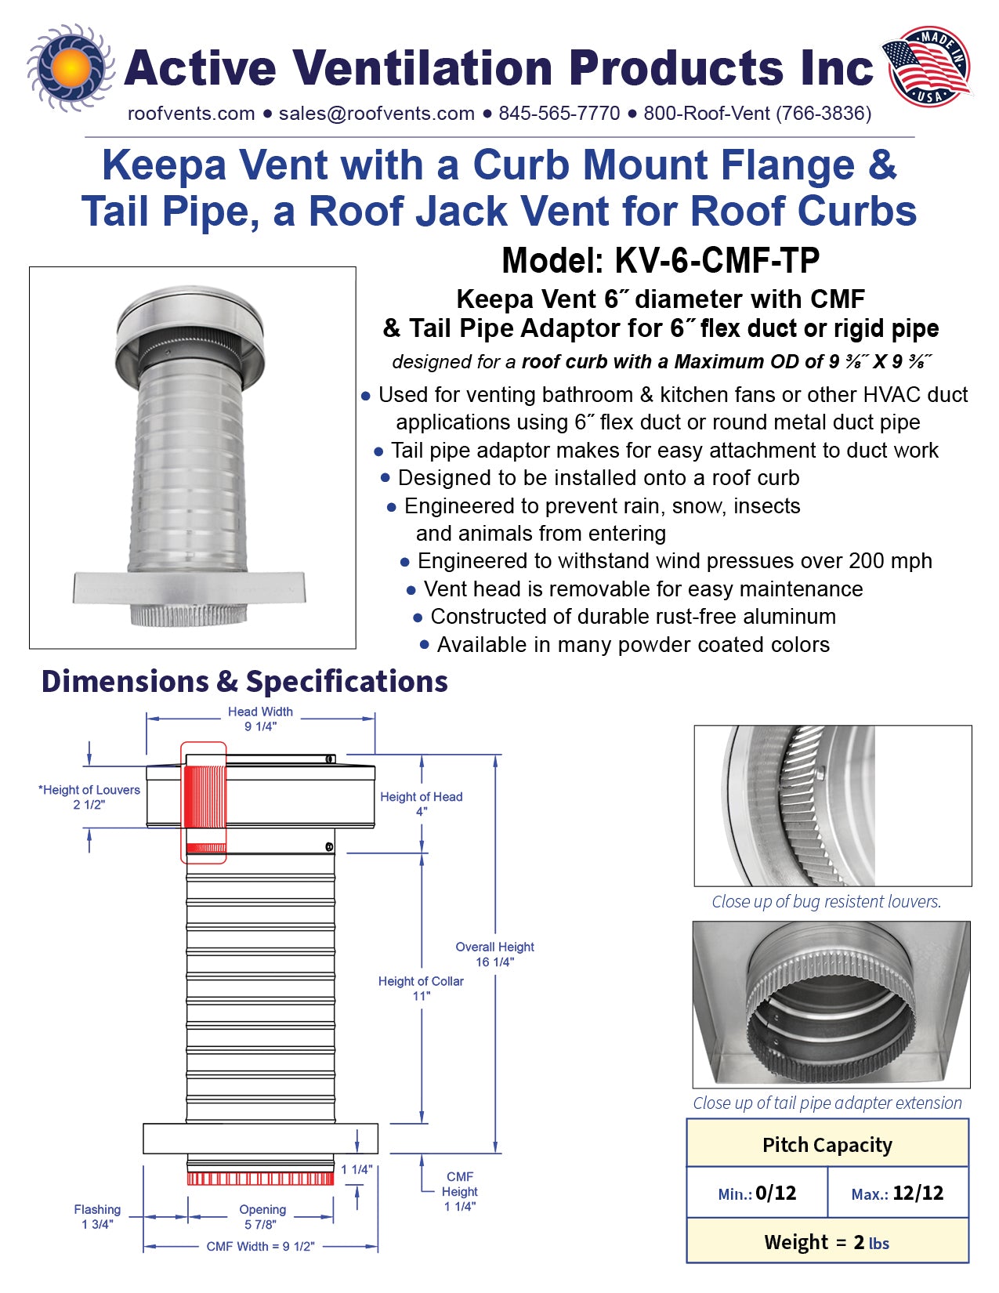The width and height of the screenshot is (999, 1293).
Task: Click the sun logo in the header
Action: click(x=71, y=68)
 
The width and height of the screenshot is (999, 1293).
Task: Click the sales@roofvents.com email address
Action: click(x=376, y=114)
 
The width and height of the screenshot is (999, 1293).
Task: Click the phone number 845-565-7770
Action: click(x=559, y=114)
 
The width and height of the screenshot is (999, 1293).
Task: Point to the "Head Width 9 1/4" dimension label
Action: click(x=260, y=719)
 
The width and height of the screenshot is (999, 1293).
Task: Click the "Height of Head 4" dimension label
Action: click(x=421, y=804)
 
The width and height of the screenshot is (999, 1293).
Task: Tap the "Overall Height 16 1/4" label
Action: click(x=494, y=954)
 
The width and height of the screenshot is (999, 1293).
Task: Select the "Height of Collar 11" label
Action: click(x=421, y=988)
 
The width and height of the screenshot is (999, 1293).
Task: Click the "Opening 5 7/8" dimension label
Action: click(x=262, y=1216)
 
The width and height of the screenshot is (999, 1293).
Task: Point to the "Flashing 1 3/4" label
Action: click(x=97, y=1216)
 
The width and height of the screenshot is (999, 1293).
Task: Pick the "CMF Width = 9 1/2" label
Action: click(x=260, y=1246)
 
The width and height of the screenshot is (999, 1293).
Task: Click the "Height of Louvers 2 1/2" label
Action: click(x=89, y=797)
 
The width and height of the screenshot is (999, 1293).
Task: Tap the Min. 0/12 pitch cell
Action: click(x=757, y=1193)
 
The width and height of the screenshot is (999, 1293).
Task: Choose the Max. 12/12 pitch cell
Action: click(x=898, y=1193)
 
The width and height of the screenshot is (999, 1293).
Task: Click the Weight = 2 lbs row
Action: click(x=827, y=1242)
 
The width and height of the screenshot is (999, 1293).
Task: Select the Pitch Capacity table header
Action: click(x=827, y=1145)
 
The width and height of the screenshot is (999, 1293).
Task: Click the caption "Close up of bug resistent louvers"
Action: click(x=826, y=902)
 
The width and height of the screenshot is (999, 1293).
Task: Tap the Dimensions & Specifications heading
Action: click(x=244, y=682)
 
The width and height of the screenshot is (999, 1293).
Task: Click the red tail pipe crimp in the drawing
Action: click(x=260, y=1178)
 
